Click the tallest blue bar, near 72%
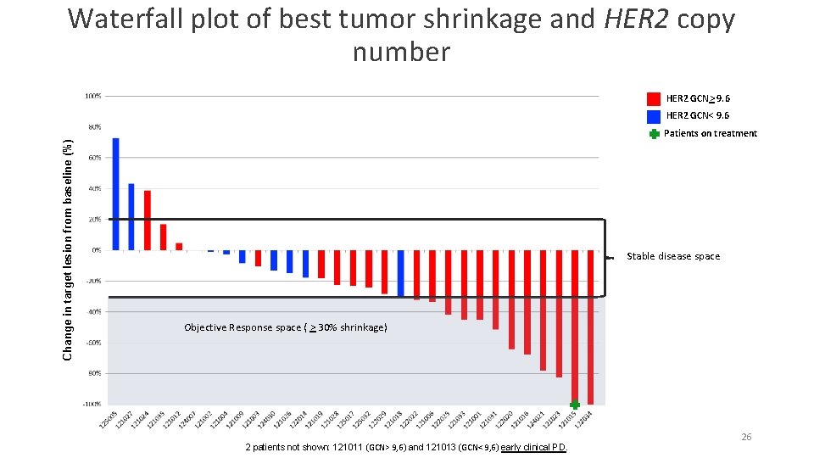116,194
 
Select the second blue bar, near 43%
131,216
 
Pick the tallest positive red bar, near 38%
147,220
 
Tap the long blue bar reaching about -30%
401,272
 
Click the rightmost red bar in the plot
590,327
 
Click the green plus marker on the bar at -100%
575,405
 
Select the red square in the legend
654,98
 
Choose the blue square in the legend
654,116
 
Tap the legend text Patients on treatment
710,133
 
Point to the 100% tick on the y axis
93,96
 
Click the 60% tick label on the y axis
94,158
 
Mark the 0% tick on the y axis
96,250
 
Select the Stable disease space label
672,256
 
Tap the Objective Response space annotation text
285,327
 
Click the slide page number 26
746,437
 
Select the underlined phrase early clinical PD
533,447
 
